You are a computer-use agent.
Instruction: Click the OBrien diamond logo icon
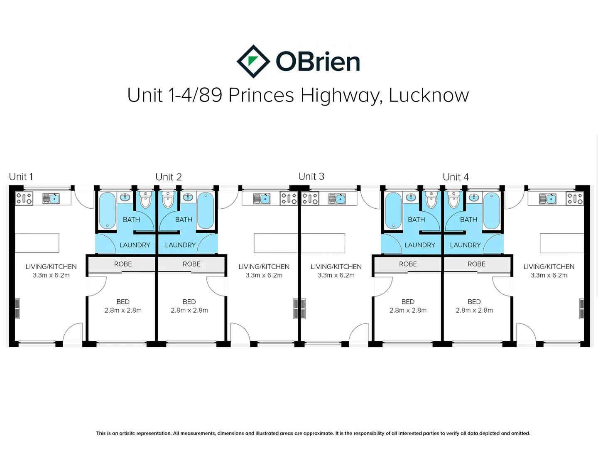[253, 62]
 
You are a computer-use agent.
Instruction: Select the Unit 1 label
[21, 177]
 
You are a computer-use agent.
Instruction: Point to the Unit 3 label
[311, 176]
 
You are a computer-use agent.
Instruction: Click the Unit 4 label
[456, 177]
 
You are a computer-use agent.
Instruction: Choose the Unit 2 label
[168, 177]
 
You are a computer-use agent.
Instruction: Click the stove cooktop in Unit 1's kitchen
[24, 198]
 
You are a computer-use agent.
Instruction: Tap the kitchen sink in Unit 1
[51, 198]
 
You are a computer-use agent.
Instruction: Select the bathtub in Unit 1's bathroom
[107, 211]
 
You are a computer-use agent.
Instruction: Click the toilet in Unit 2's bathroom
[167, 200]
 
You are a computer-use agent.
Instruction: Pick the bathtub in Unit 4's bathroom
[491, 211]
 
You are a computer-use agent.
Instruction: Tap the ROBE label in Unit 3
[408, 264]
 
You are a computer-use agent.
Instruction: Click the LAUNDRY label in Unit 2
[180, 245]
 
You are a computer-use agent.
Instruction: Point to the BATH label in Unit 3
[416, 220]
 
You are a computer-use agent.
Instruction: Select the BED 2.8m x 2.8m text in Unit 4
[474, 306]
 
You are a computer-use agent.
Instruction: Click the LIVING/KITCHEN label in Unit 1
[51, 266]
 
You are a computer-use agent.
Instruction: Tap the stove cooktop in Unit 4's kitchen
[575, 198]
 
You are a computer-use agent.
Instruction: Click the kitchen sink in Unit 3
[337, 199]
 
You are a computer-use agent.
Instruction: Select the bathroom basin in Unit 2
[188, 197]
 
